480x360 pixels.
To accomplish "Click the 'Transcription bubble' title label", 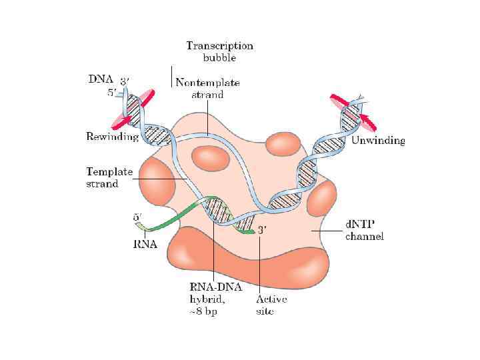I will [219, 51].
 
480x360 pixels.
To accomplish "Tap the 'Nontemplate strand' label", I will [207, 89].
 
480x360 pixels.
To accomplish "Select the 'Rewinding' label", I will [112, 137].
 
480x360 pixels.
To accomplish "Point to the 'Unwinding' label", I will [377, 141].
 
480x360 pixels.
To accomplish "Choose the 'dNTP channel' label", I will [364, 231].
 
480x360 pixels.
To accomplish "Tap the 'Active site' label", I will [273, 305].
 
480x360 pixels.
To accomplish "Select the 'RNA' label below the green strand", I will [144, 244].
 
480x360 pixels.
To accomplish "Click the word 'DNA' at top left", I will [102, 79].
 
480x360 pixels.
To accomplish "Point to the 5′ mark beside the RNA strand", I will [137, 217].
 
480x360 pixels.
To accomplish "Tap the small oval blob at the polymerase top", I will [283, 144].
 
